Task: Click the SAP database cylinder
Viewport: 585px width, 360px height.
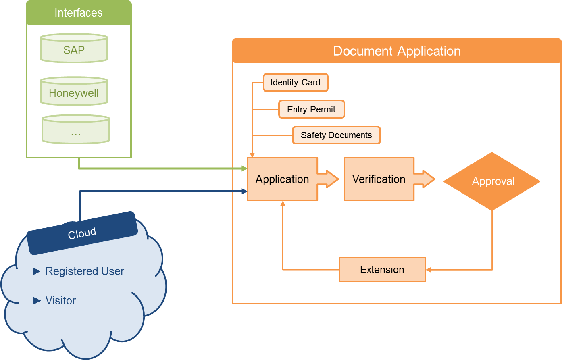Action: point(74,49)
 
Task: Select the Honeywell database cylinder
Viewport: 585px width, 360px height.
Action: point(74,92)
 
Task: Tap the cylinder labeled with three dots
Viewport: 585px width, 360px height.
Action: point(76,130)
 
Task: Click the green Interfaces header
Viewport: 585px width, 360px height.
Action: point(79,13)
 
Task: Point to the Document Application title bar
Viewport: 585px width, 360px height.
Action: point(397,51)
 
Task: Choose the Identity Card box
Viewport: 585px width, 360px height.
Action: point(296,83)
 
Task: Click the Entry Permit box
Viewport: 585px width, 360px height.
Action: point(311,109)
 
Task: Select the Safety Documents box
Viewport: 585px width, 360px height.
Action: point(336,135)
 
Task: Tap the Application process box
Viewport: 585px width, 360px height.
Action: point(282,179)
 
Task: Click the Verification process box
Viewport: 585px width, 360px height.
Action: point(379,179)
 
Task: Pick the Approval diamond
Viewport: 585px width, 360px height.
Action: point(492,181)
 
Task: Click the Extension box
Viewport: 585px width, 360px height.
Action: point(382,269)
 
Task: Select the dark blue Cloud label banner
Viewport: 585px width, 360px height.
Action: point(82,233)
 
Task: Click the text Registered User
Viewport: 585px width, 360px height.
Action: point(84,271)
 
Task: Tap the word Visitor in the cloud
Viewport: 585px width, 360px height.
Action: point(60,301)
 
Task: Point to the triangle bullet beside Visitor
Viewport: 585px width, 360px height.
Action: point(37,301)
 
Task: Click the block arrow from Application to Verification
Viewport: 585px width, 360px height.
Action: point(329,179)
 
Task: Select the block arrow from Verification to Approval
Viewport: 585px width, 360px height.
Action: point(425,179)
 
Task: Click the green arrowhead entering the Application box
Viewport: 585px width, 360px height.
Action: point(244,169)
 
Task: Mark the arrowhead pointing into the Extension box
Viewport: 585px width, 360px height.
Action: point(429,270)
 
